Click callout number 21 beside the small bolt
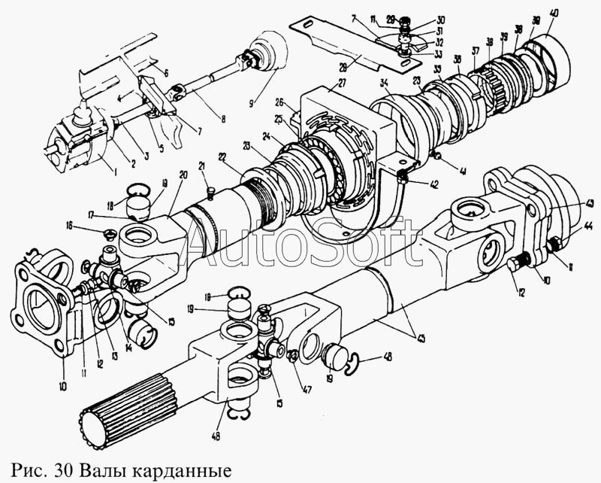(x=202, y=166)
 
